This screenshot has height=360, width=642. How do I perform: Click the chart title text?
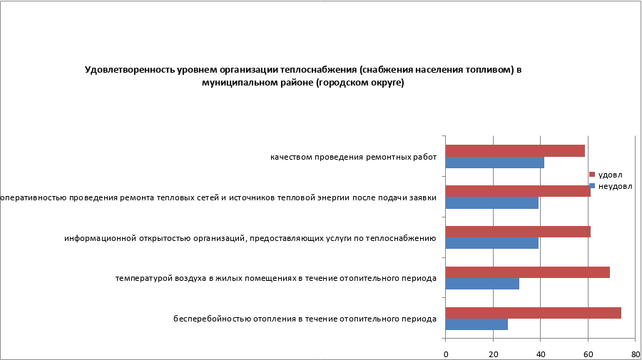pyautogui.click(x=303, y=76)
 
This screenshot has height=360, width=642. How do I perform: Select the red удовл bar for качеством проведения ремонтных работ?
pyautogui.click(x=514, y=150)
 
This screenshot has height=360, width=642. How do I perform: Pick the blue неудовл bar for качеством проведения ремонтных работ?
pyautogui.click(x=494, y=162)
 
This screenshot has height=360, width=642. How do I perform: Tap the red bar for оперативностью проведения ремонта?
pyautogui.click(x=517, y=191)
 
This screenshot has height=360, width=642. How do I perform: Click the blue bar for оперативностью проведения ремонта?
pyautogui.click(x=491, y=202)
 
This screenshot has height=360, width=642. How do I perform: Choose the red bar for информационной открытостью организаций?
pyautogui.click(x=517, y=232)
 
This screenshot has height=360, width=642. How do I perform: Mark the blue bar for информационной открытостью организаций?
pyautogui.click(x=491, y=243)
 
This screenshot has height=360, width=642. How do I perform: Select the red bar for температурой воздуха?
pyautogui.click(x=527, y=272)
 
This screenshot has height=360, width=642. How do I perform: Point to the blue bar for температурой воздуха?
pyautogui.click(x=482, y=284)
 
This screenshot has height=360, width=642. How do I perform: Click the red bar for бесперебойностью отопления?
pyautogui.click(x=533, y=313)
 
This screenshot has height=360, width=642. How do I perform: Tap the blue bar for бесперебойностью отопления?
pyautogui.click(x=477, y=324)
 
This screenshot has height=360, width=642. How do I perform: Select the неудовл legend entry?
pyautogui.click(x=613, y=186)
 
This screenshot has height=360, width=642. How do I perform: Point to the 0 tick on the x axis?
pyautogui.click(x=446, y=353)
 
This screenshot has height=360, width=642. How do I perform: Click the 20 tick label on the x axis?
pyautogui.click(x=493, y=353)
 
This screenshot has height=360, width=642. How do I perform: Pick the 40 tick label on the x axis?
pyautogui.click(x=541, y=353)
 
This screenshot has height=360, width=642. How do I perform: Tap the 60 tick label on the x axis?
pyautogui.click(x=588, y=353)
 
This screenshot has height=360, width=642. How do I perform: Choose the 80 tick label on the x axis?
pyautogui.click(x=635, y=353)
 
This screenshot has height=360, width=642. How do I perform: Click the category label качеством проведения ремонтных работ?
pyautogui.click(x=353, y=157)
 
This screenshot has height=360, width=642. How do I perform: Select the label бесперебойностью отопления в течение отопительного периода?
pyautogui.click(x=305, y=319)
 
